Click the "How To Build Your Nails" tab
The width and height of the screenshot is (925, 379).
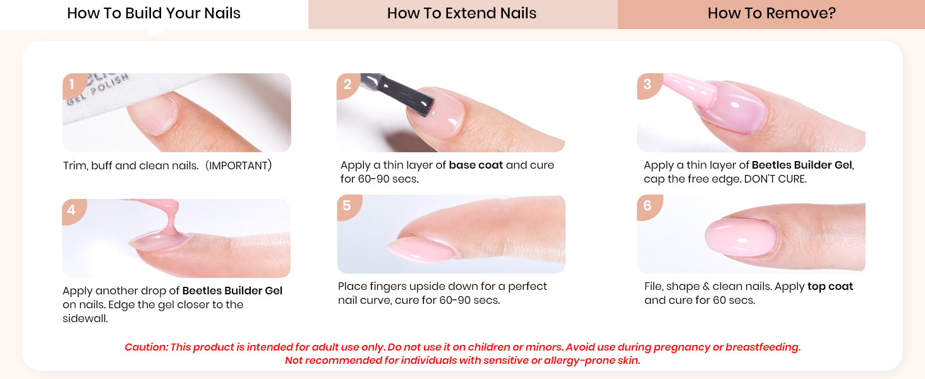tap(154, 14)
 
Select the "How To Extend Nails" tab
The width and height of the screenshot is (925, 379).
tap(462, 14)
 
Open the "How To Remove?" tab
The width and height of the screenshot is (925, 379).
tap(771, 14)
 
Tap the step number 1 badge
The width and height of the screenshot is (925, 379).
tap(73, 85)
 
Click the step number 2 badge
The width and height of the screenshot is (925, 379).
tap(348, 85)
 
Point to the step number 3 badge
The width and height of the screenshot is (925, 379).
tap(648, 85)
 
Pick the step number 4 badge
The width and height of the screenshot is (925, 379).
tap(72, 210)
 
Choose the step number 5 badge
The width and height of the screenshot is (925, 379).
tap(348, 206)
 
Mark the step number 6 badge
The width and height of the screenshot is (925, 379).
tap(648, 206)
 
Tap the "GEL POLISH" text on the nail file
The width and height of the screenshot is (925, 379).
tap(98, 90)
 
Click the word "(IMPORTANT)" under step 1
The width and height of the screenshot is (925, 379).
tap(239, 165)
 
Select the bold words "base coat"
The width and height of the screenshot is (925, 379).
tap(476, 165)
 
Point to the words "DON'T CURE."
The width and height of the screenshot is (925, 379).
tap(775, 179)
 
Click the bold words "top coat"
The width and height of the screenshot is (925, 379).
tap(830, 287)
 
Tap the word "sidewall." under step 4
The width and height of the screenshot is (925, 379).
tap(85, 319)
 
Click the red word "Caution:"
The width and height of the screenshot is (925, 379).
tap(146, 347)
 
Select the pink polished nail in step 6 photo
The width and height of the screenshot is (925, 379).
tap(741, 238)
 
